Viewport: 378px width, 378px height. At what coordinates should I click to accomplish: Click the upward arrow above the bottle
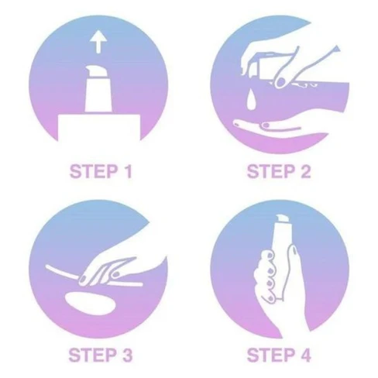coord(98,42)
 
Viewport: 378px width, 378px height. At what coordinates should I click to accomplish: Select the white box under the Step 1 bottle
coord(99,128)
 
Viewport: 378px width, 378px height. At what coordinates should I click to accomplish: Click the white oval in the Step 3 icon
coord(89,303)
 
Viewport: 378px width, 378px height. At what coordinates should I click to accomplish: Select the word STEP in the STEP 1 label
coord(93,171)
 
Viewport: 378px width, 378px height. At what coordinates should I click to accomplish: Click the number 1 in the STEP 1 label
coord(128,171)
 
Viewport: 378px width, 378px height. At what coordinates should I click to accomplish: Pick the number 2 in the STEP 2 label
coord(305,171)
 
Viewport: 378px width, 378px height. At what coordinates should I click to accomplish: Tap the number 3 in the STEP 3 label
coord(126,355)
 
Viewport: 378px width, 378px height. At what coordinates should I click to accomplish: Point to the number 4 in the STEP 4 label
coord(305,355)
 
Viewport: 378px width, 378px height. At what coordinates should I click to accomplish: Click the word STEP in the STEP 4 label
coord(270,355)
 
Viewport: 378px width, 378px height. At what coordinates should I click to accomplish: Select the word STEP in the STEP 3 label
coord(92,355)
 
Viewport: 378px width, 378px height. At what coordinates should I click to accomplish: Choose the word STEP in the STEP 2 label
coord(270,171)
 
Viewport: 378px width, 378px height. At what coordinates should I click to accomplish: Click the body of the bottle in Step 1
coord(98,94)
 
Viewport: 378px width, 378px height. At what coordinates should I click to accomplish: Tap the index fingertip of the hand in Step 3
coord(83,280)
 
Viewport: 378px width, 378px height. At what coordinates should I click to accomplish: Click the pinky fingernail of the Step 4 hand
coord(270,299)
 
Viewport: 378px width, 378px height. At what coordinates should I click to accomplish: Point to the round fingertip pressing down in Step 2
coord(280,82)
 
